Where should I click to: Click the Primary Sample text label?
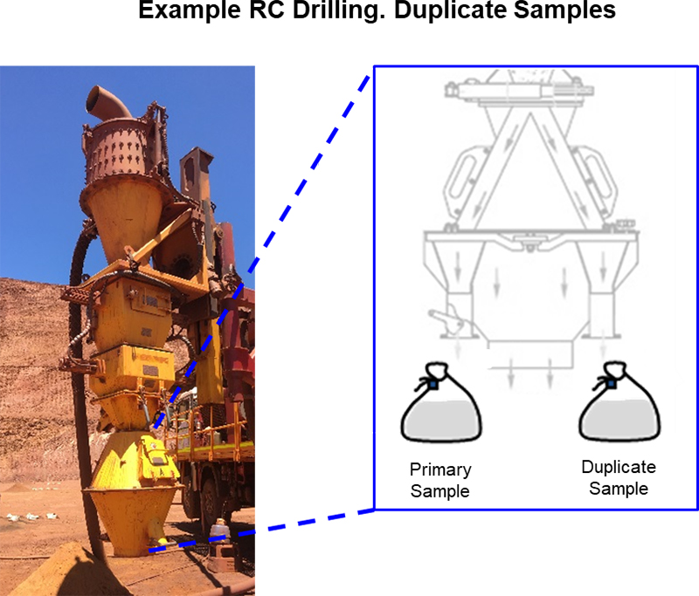pyautogui.click(x=439, y=480)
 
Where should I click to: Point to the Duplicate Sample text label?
pyautogui.click(x=619, y=477)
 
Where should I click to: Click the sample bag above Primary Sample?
pyautogui.click(x=439, y=409)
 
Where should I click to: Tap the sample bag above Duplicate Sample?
pyautogui.click(x=618, y=409)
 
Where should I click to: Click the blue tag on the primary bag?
pyautogui.click(x=432, y=383)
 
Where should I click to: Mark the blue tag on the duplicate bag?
pyautogui.click(x=611, y=383)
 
